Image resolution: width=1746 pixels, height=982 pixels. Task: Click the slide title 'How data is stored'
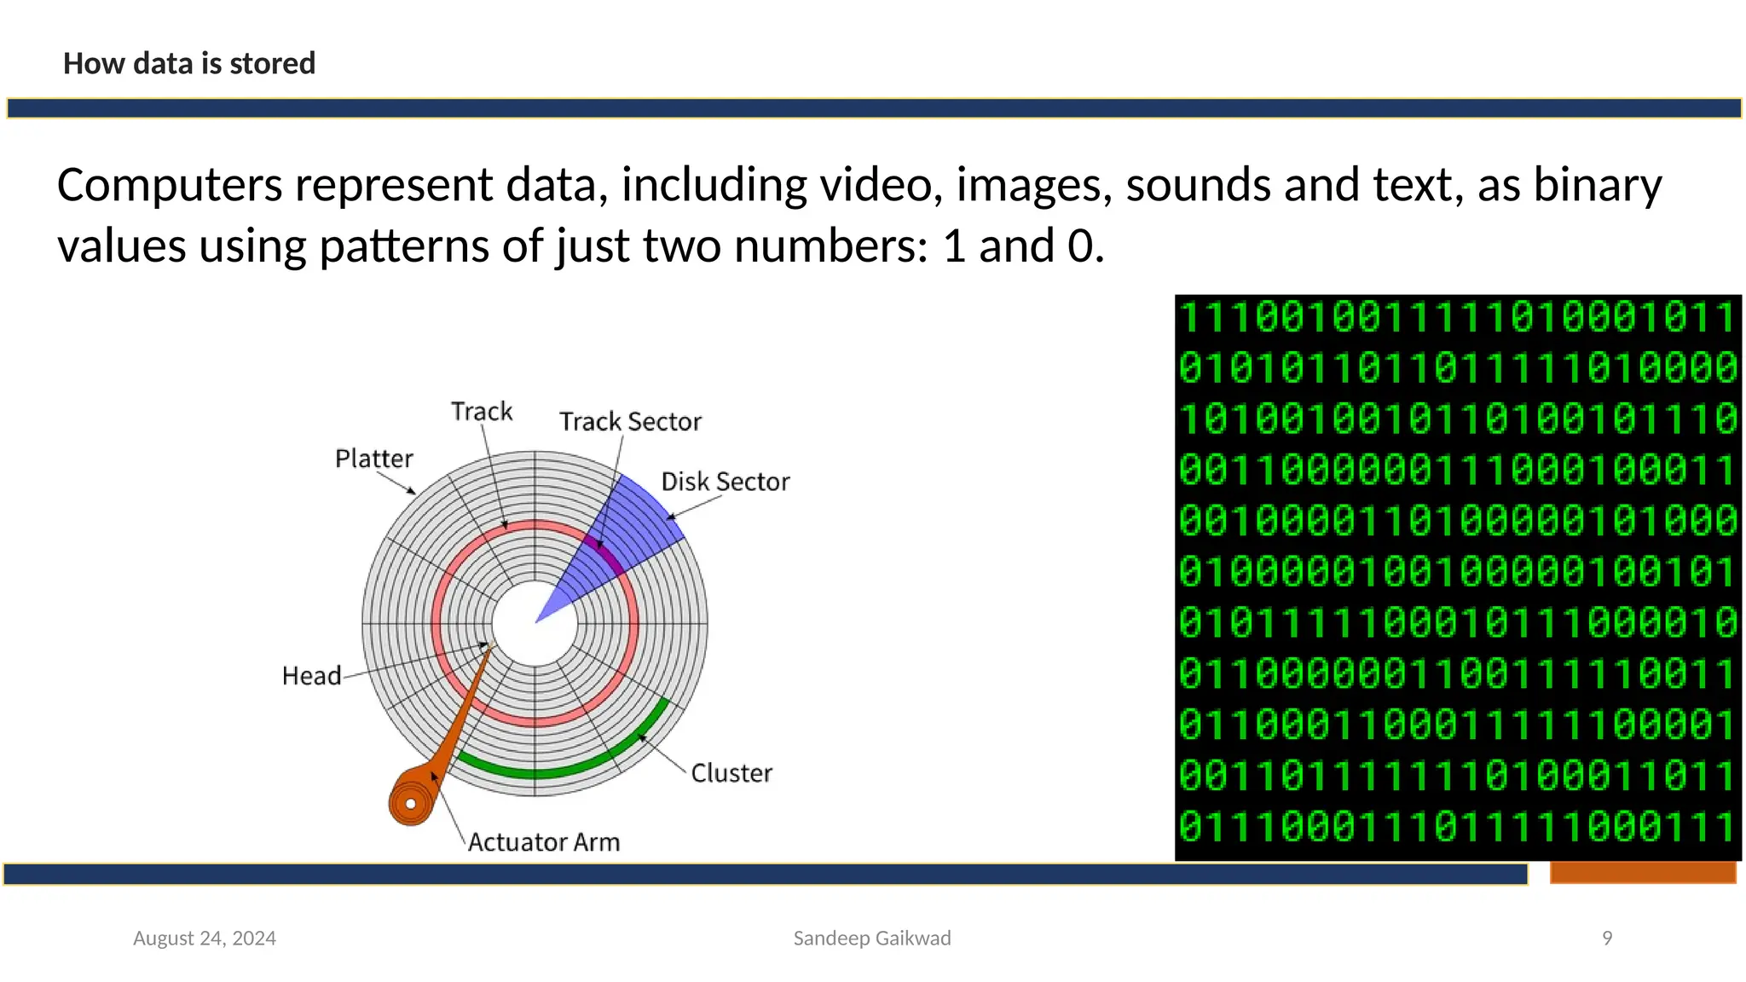[189, 64]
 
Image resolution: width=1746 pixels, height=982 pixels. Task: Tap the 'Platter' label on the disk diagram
[373, 459]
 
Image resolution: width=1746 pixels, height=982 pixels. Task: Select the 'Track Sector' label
[630, 422]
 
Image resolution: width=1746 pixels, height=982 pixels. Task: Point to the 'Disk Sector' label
[726, 482]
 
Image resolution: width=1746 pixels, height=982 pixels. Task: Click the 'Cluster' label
[731, 773]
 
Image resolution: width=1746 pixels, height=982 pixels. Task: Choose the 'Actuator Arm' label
[544, 842]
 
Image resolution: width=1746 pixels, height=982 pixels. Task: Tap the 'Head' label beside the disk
[311, 676]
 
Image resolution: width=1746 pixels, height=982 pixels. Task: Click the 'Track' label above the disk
[482, 412]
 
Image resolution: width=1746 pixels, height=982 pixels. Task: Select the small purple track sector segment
[603, 553]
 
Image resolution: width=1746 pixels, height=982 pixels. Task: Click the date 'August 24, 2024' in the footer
[205, 939]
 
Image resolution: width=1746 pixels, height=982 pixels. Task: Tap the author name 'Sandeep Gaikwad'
[872, 939]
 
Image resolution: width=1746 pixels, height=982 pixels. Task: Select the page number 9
[1607, 939]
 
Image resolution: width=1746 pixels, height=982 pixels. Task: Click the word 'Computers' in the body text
[170, 185]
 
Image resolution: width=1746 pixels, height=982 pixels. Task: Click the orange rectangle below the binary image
[1643, 873]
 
